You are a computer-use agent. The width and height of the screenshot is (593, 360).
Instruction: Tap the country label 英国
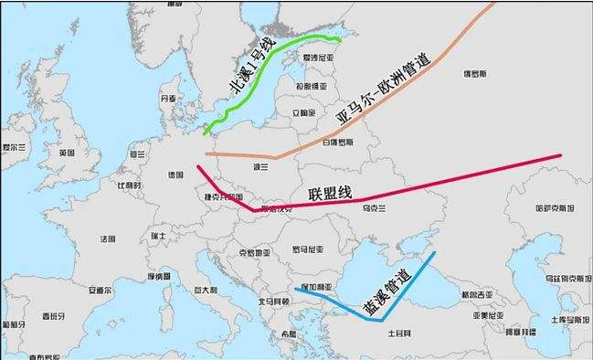[x=67, y=154]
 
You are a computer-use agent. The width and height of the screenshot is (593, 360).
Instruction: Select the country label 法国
[x=108, y=238]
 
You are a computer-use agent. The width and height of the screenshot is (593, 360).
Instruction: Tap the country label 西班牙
[x=51, y=317]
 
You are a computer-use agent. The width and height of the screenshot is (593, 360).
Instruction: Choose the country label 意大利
[x=205, y=290]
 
